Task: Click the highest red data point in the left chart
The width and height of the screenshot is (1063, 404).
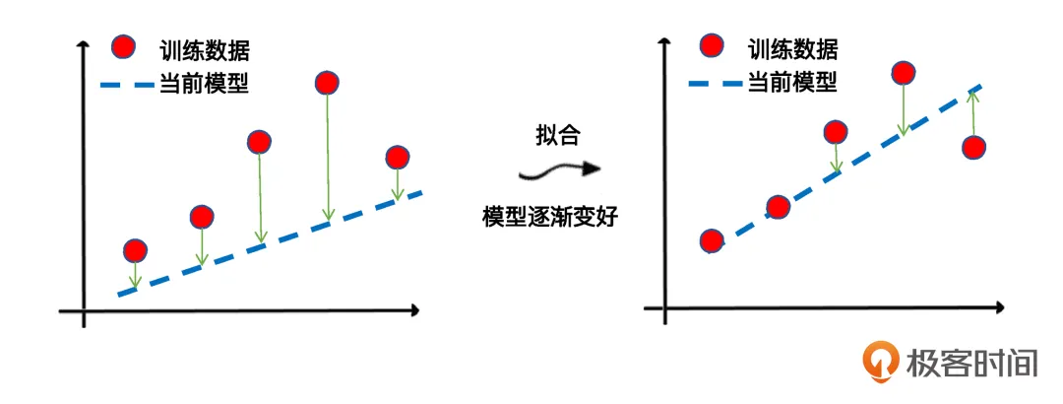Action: [328, 83]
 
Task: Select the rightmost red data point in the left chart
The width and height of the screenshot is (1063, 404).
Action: [397, 158]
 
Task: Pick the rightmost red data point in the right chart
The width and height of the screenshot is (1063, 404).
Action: [974, 149]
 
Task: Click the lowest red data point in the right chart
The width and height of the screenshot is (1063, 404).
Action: [712, 240]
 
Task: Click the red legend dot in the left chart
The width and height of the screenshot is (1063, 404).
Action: [123, 47]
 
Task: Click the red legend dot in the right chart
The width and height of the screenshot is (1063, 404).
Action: [711, 45]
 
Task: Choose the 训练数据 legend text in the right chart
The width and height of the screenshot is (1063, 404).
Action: [792, 48]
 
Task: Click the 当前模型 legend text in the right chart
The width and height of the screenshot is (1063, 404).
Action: [792, 83]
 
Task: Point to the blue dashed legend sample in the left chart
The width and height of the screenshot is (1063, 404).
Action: [126, 86]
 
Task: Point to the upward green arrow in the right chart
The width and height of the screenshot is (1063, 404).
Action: [973, 111]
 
